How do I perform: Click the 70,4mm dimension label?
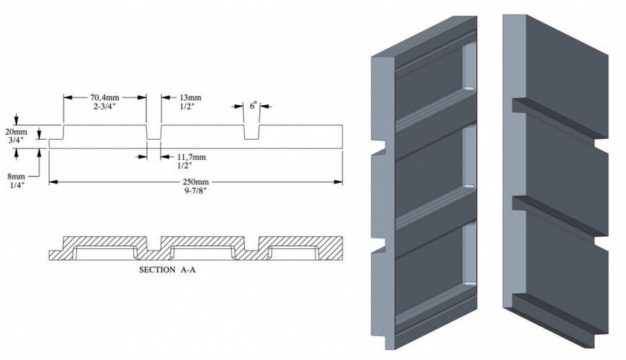point(104,97)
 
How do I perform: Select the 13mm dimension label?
point(190,97)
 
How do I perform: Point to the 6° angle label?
point(253,105)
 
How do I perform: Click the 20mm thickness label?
point(16,131)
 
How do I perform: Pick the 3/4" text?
point(16,140)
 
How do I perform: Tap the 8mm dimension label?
point(17,176)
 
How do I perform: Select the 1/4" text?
point(17,185)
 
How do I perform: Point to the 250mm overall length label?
point(194,181)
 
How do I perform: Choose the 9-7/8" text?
point(194,190)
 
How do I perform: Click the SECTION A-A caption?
point(167,270)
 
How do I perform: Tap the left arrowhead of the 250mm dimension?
point(53,182)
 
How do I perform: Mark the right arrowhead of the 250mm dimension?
point(338,182)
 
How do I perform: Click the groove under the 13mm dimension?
point(153,132)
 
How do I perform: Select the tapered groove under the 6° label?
point(251,132)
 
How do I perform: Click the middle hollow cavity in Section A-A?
point(202,253)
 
